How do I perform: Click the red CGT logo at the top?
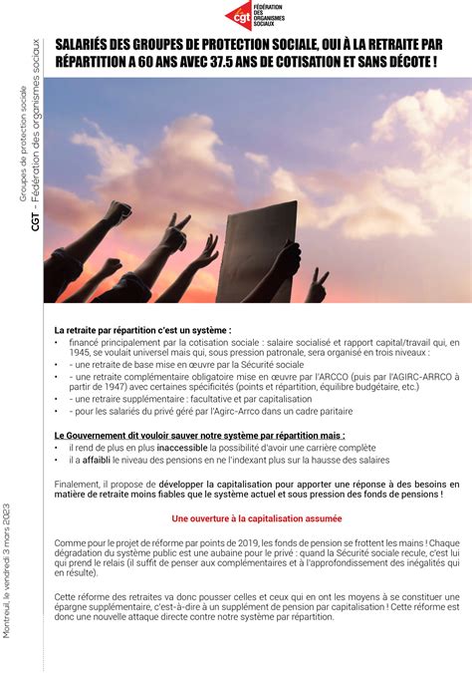[239, 16]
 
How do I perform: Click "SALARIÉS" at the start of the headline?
[85, 45]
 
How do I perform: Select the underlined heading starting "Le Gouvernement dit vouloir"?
[200, 436]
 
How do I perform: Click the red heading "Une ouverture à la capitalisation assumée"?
[257, 518]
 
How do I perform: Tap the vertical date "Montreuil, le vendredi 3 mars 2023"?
[9, 578]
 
